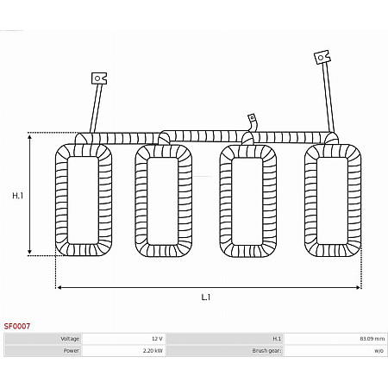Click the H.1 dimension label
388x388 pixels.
[x=18, y=196]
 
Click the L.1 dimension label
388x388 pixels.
[x=206, y=297]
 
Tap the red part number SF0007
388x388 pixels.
[x=17, y=326]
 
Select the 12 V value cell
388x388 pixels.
[x=123, y=339]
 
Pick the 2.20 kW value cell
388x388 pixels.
[x=123, y=351]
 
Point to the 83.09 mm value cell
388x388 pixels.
[x=335, y=339]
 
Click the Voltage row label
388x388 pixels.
[x=43, y=339]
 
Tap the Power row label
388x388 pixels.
[x=43, y=351]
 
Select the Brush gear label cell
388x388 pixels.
[x=225, y=351]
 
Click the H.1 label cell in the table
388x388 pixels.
[x=225, y=339]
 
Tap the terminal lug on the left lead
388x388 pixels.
[x=99, y=78]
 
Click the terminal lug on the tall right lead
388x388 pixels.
[x=322, y=57]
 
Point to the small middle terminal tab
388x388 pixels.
[x=252, y=118]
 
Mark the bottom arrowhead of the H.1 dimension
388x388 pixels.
[x=29, y=253]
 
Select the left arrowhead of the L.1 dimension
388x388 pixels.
[x=59, y=287]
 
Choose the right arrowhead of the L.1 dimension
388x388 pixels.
[x=359, y=287]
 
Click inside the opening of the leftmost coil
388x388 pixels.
[x=84, y=200]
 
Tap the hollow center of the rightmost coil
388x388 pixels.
[x=333, y=201]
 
